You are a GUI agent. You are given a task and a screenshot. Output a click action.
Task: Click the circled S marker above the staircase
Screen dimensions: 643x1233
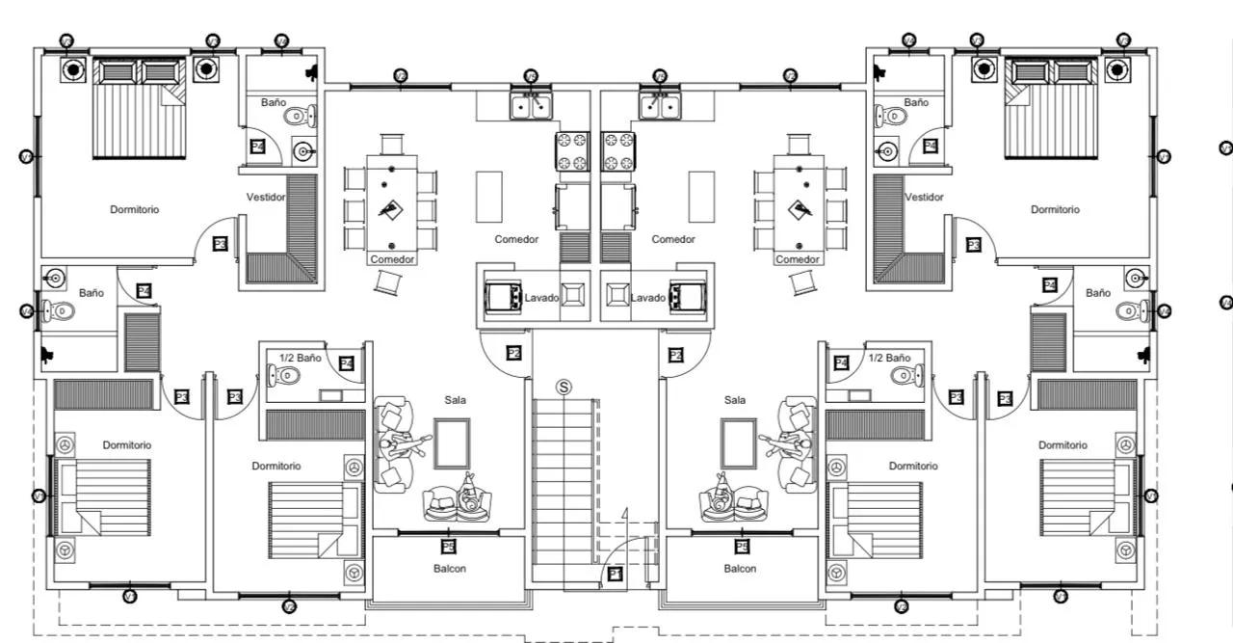[x=564, y=387]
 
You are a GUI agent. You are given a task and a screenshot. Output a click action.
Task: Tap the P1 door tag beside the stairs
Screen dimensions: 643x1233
[x=616, y=576]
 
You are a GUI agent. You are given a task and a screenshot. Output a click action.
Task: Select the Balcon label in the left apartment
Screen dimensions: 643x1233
[x=449, y=569]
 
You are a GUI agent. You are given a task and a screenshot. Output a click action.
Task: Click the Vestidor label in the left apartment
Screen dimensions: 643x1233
[x=266, y=198]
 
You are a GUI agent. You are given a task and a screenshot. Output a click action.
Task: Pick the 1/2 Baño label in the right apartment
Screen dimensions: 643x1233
[x=888, y=358]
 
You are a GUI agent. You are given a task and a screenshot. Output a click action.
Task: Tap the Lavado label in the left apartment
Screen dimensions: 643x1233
[x=541, y=298]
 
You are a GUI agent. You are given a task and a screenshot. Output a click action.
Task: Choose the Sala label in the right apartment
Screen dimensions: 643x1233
[x=735, y=400]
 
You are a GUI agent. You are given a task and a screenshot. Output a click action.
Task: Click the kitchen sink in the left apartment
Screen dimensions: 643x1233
[x=530, y=105]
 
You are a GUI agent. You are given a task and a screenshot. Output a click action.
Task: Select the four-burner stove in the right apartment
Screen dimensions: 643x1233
[x=618, y=151]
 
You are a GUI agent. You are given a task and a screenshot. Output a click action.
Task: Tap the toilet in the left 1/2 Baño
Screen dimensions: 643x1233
[x=285, y=377]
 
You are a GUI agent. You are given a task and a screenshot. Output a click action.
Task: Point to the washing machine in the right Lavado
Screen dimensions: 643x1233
[x=688, y=297]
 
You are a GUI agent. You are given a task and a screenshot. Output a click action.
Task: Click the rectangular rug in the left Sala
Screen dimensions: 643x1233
[x=451, y=443]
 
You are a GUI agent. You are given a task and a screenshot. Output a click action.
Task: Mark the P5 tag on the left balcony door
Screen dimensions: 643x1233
[x=448, y=547]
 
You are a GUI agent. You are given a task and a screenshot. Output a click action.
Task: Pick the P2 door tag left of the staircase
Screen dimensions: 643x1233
[x=514, y=355]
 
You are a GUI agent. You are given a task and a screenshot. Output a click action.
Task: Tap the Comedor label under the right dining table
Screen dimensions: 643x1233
[x=798, y=259]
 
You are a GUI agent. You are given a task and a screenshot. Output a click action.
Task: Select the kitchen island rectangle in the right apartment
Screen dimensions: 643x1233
[x=701, y=197]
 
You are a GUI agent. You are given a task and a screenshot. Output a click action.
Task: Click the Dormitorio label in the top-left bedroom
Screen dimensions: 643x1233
[x=135, y=209]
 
